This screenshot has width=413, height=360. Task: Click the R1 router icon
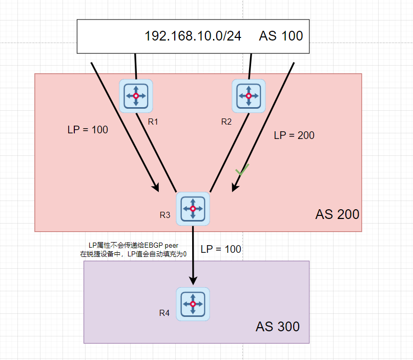point(136,96)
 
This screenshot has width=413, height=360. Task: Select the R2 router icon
point(249,96)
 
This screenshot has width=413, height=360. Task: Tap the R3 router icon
point(193,208)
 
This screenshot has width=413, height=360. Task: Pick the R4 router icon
point(193,304)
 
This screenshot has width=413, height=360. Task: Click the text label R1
point(153,122)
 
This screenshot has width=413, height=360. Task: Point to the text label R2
point(226,122)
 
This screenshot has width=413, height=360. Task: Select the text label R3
point(164,214)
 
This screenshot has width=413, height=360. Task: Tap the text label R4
point(164,313)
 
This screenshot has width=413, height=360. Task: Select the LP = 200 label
point(294,135)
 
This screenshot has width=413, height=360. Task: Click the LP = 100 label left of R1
point(88,130)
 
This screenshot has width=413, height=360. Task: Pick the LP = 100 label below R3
point(220,250)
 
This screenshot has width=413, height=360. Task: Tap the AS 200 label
point(337,214)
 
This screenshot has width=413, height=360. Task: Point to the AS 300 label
point(278,327)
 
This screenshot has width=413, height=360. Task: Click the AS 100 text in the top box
point(281,36)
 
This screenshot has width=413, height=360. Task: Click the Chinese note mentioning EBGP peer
point(133,250)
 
